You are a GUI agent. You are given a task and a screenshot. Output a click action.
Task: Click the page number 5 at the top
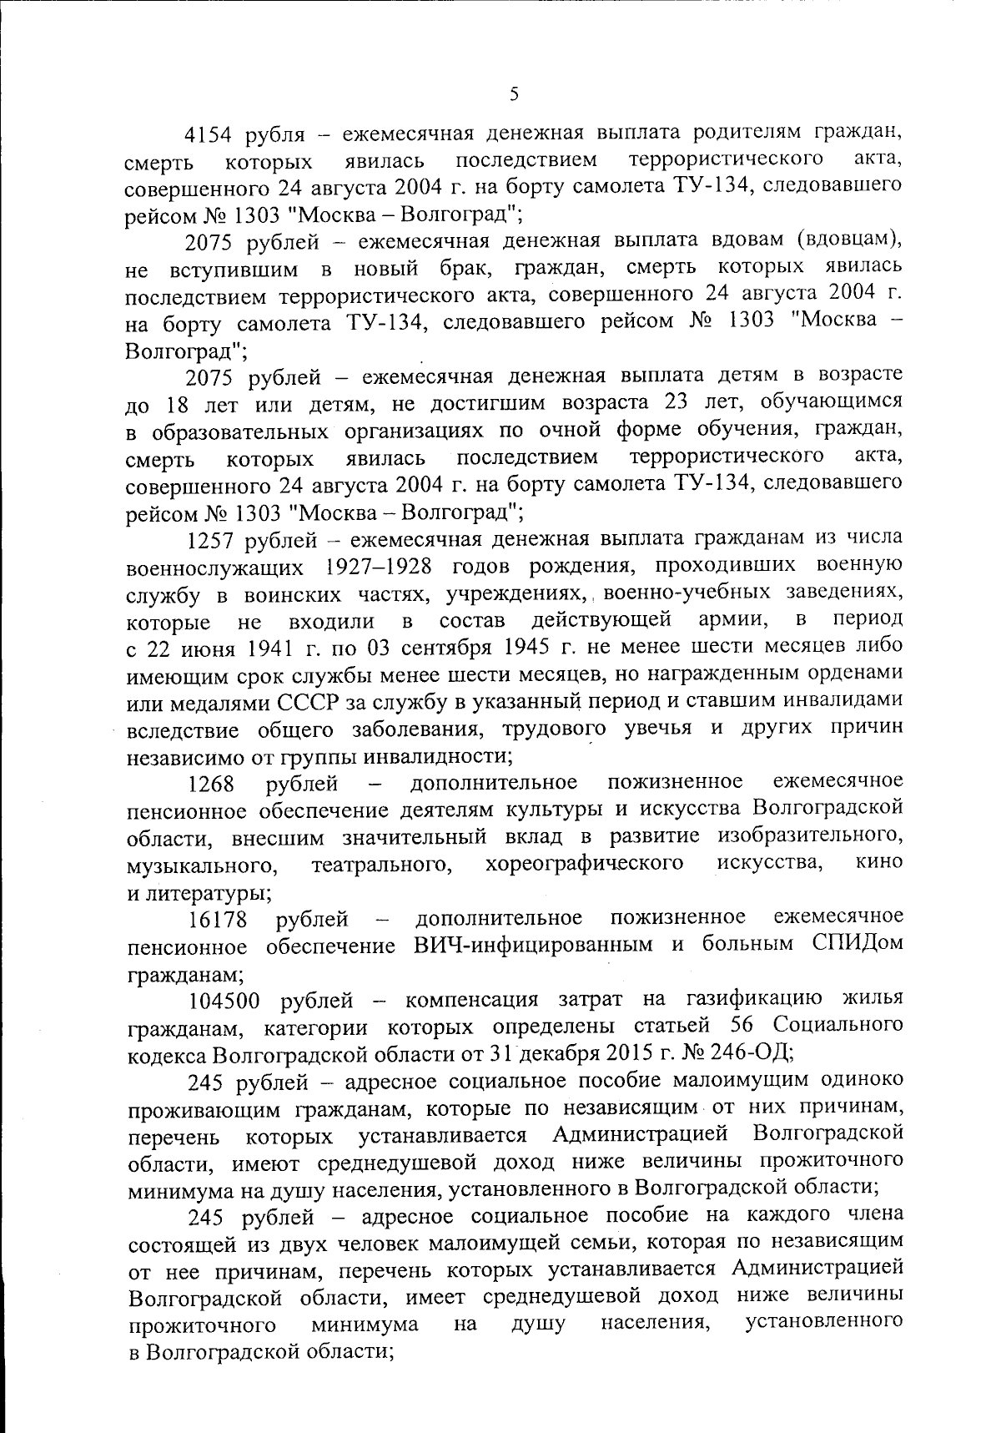(514, 95)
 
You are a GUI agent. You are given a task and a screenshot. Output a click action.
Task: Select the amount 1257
(211, 538)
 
